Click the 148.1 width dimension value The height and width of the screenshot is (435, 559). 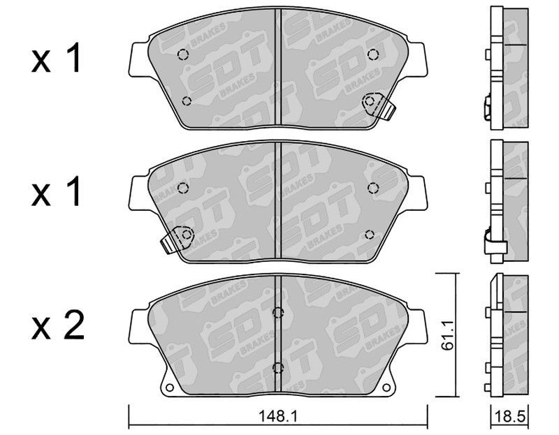click(x=278, y=415)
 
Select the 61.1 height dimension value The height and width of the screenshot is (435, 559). click(x=447, y=335)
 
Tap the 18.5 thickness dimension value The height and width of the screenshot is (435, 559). click(x=511, y=416)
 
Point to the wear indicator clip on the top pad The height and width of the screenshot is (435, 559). click(x=379, y=105)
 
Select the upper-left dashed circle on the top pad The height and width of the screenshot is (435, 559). click(x=183, y=54)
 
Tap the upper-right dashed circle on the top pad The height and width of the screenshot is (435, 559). click(x=373, y=54)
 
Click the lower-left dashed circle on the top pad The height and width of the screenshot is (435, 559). click(x=186, y=101)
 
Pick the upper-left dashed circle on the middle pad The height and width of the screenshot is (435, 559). click(x=183, y=188)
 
